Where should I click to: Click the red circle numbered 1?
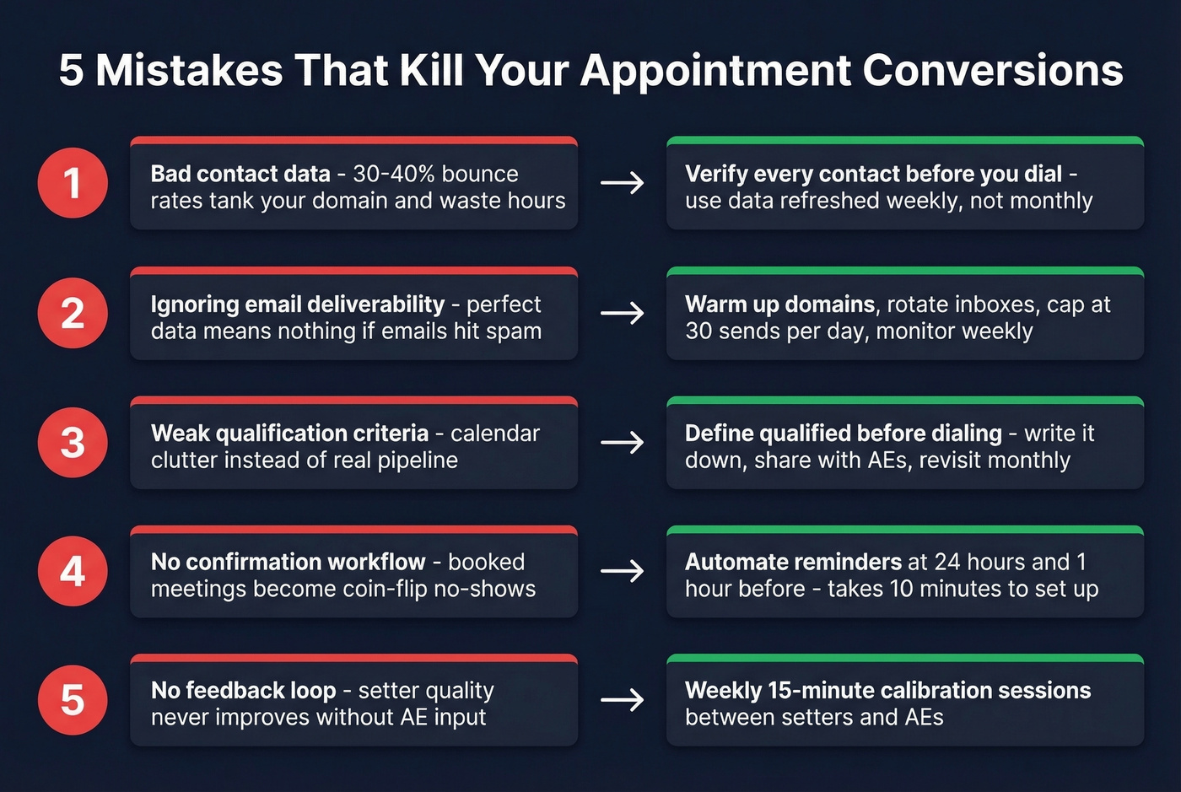tap(73, 183)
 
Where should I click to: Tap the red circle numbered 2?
tap(73, 313)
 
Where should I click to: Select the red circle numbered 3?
tap(73, 442)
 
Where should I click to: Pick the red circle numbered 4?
tap(73, 571)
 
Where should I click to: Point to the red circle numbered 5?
tap(73, 700)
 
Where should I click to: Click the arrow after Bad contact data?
tap(623, 183)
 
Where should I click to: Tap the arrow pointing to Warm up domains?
tap(623, 314)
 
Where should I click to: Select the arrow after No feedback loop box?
tap(623, 700)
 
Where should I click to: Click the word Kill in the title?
tap(431, 70)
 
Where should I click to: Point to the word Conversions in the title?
tap(993, 70)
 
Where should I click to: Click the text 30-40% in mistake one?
tap(394, 174)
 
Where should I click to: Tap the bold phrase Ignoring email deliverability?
tap(298, 304)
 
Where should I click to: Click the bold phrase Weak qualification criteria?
tap(289, 434)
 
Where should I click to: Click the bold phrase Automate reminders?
tap(793, 562)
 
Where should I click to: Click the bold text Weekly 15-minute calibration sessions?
tap(887, 691)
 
